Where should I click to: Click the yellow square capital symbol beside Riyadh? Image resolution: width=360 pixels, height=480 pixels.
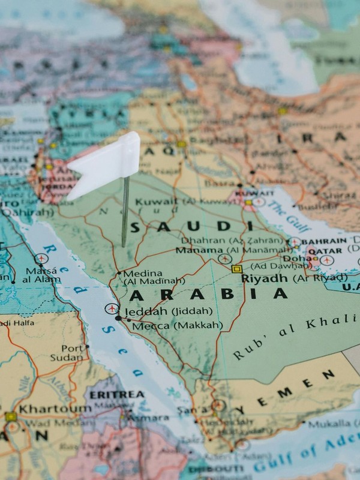click(x=236, y=269)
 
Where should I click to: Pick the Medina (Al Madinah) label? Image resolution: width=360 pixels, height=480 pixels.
click(x=151, y=277)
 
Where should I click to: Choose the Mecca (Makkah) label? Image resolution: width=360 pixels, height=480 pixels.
click(x=177, y=325)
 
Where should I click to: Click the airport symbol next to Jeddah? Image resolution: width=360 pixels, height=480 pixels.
click(x=111, y=308)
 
